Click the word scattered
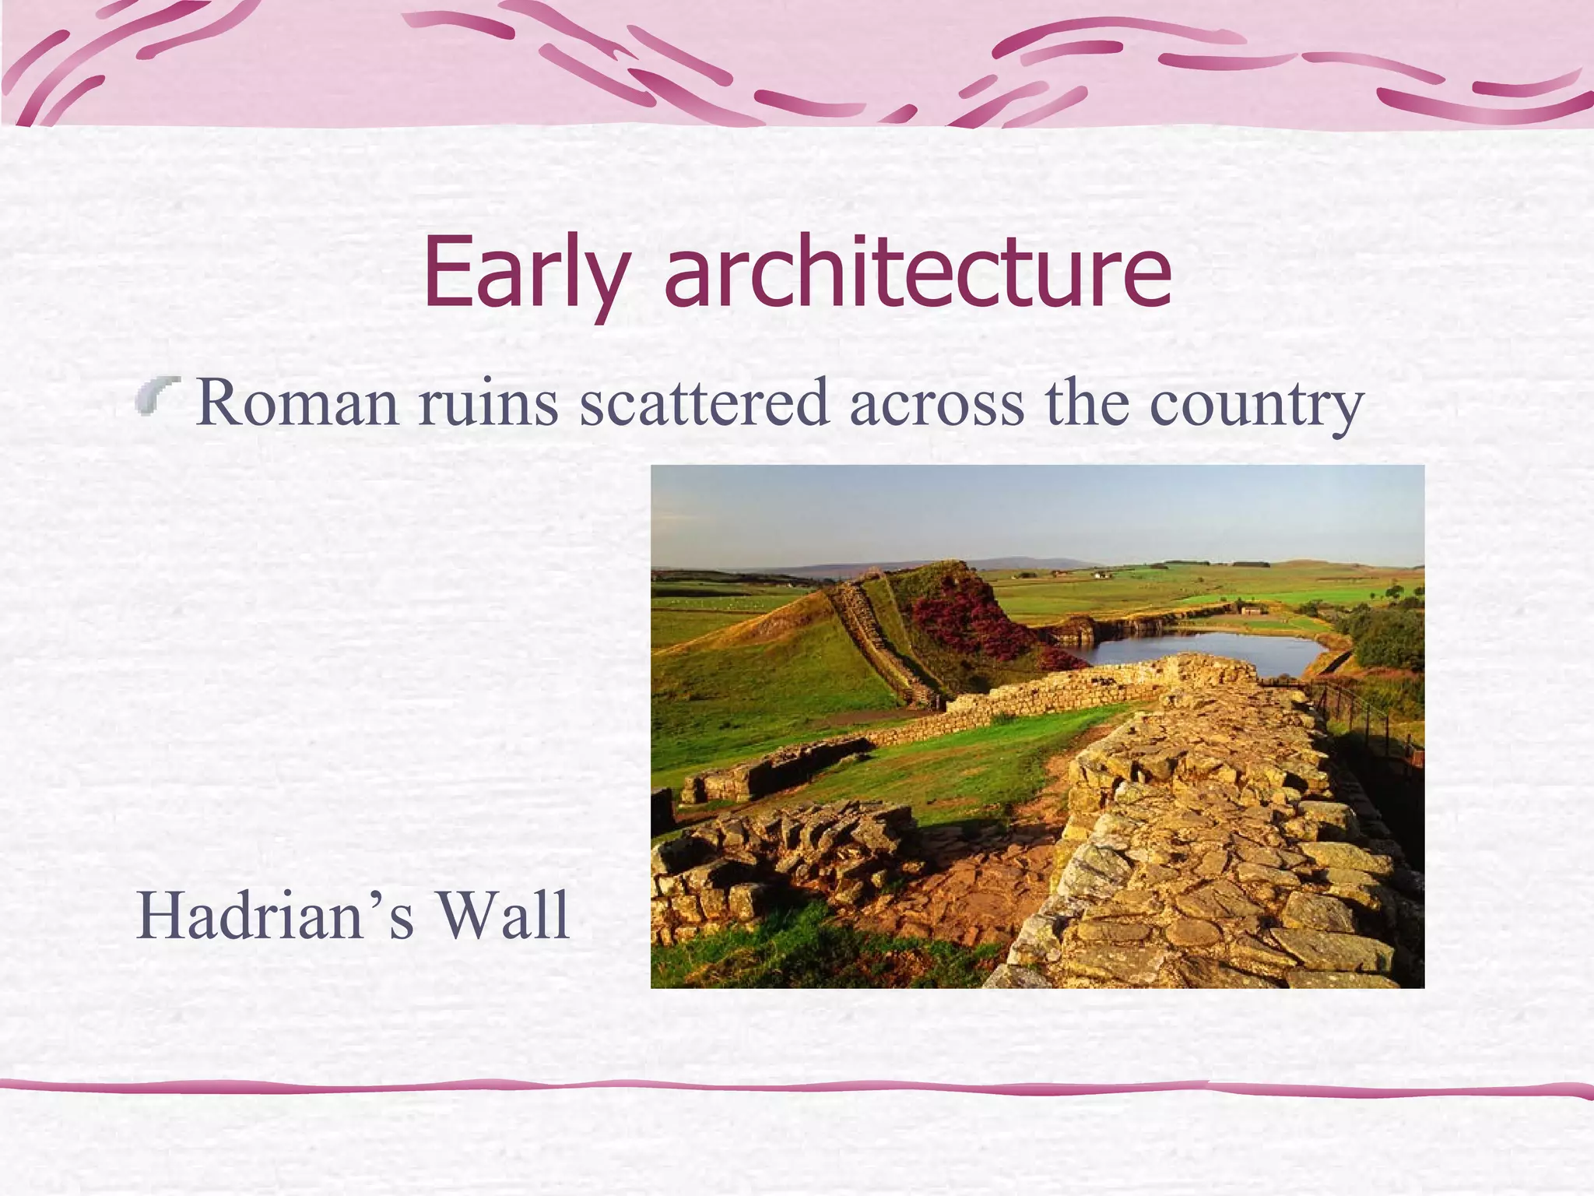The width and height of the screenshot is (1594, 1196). pos(704,403)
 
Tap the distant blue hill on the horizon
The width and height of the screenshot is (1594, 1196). pos(1035,564)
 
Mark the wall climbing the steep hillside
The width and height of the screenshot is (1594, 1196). pos(872,631)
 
